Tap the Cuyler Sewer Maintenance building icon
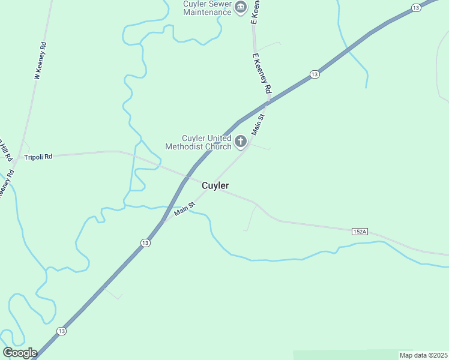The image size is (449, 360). [x=241, y=8]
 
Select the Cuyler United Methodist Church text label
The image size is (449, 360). [x=198, y=142]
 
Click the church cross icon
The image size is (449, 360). [x=241, y=142]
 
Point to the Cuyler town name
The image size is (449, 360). [x=215, y=186]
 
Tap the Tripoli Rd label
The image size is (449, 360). [x=38, y=157]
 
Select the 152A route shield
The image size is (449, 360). [x=359, y=231]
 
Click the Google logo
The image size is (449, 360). [x=19, y=353]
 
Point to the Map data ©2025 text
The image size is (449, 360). [x=423, y=355]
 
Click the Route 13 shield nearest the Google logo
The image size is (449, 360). [x=61, y=331]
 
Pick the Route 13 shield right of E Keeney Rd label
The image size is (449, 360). [x=314, y=74]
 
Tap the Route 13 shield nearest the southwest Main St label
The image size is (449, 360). [x=145, y=242]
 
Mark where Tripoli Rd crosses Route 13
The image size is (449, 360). [x=188, y=176]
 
